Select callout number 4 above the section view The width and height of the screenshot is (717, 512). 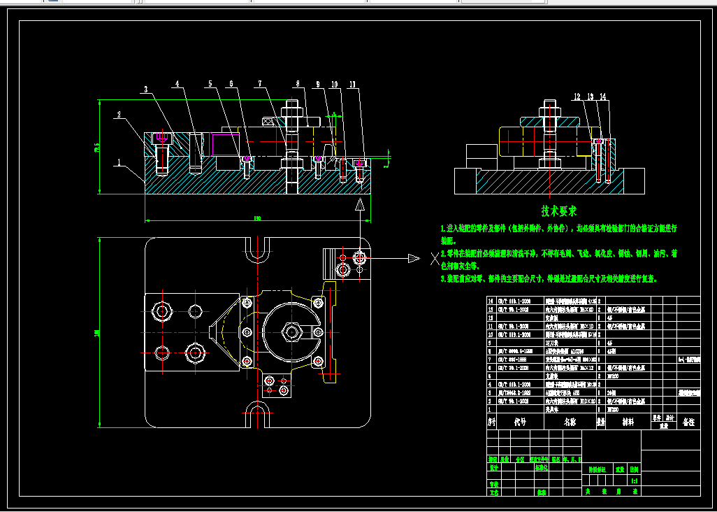(177, 85)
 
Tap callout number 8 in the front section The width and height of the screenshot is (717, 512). (297, 85)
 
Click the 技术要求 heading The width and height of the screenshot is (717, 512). (558, 210)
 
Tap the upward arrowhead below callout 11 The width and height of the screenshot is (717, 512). (360, 205)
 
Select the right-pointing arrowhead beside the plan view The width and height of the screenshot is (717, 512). (414, 258)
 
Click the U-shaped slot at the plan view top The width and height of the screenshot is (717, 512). (257, 248)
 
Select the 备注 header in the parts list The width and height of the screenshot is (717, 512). (689, 422)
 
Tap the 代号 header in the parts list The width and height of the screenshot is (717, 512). (519, 422)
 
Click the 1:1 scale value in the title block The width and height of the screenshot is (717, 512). (634, 481)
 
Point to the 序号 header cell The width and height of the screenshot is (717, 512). (491, 422)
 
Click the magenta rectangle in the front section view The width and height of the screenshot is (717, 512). (226, 145)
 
